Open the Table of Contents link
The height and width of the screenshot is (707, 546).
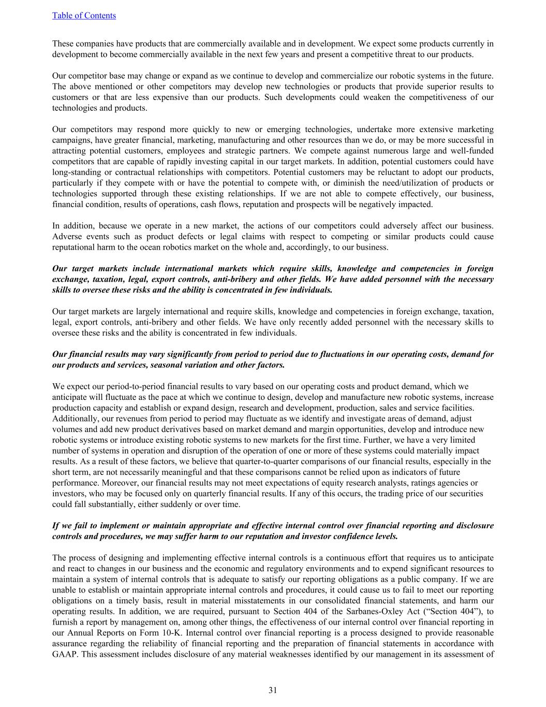pyautogui.click(x=84, y=16)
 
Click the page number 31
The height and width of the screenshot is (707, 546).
pyautogui.click(x=273, y=690)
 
